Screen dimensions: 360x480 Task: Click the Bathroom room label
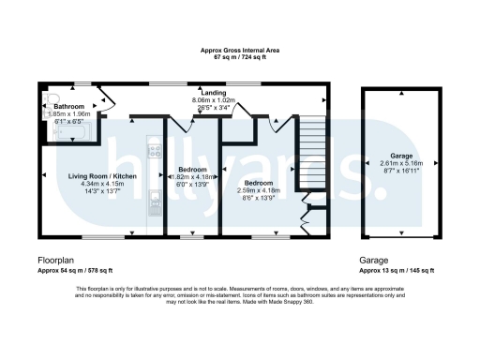pos(68,108)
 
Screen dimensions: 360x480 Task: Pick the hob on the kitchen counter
pos(154,150)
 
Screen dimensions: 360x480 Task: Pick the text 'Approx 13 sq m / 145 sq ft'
pos(397,269)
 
